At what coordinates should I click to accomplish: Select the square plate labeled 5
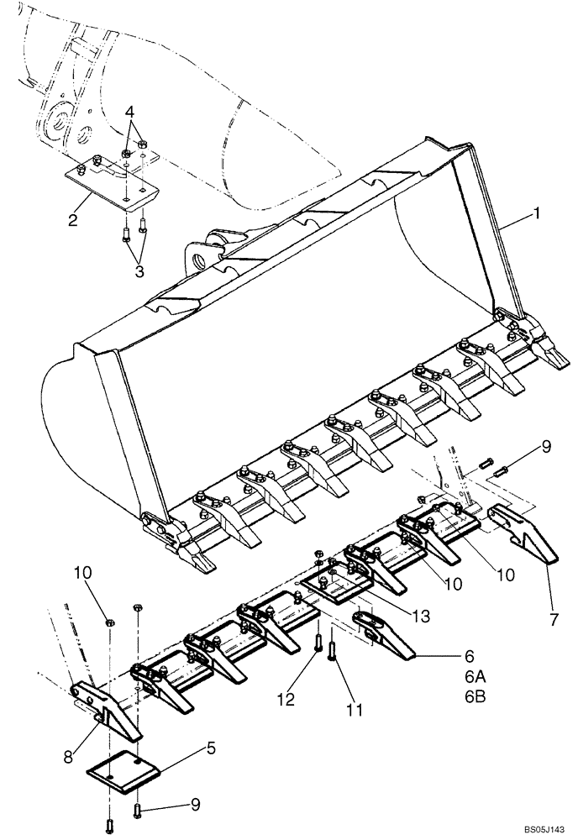click(x=123, y=767)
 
